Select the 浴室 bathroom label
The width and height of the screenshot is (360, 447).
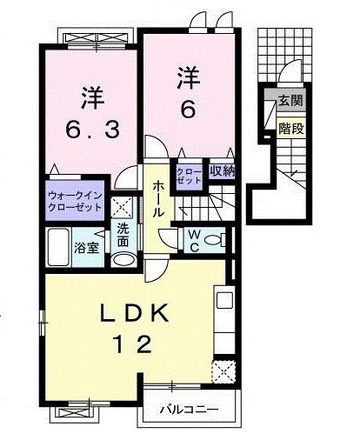coord(84,249)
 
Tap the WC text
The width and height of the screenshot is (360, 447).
coord(192,241)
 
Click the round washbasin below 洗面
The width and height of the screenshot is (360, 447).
coord(124,258)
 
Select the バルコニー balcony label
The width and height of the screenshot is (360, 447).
coord(189,409)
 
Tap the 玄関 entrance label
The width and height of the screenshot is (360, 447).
coord(290,101)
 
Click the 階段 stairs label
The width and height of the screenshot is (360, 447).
coord(290,129)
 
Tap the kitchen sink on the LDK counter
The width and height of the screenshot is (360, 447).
coord(223,302)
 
